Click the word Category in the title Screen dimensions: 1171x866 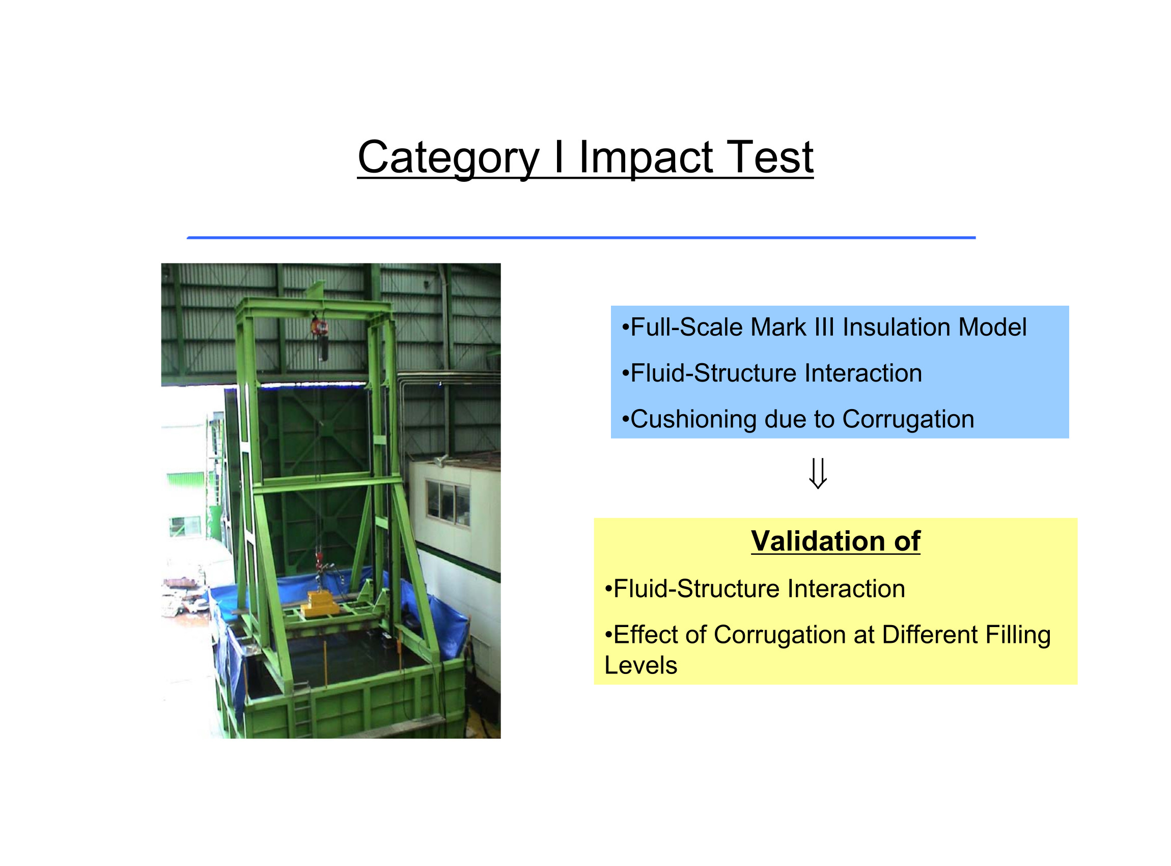pos(449,158)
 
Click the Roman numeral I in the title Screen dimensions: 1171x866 pos(559,157)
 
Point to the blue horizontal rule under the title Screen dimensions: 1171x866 pos(581,238)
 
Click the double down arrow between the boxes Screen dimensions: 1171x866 pos(818,473)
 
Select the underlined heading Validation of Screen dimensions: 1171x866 pos(835,541)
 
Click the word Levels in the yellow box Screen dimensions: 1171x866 pos(641,666)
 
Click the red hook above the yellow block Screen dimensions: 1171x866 pos(318,559)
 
